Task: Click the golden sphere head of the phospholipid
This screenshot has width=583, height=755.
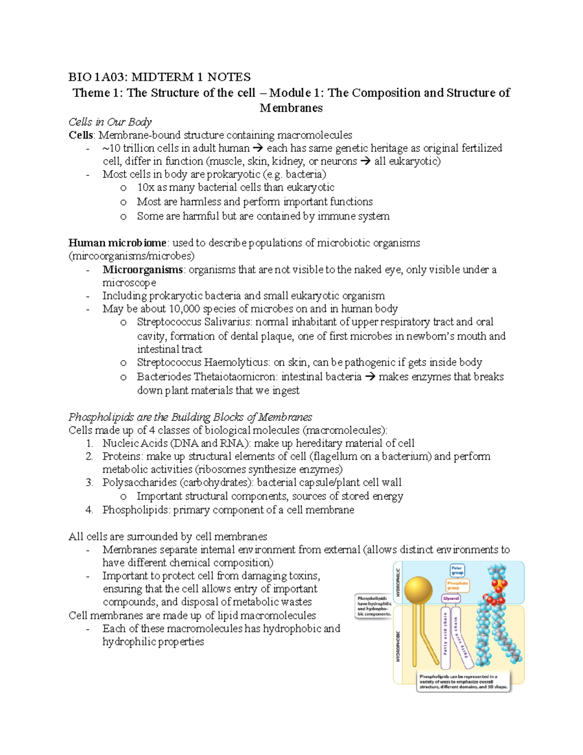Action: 418,589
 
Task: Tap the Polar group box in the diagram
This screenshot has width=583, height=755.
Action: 457,570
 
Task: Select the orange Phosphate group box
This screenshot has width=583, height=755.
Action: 457,585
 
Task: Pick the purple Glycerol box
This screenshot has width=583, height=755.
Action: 451,598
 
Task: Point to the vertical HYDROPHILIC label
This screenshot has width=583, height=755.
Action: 398,582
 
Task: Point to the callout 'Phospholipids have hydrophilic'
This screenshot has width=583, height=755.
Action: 374,606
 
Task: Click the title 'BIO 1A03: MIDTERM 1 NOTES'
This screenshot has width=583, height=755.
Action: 159,77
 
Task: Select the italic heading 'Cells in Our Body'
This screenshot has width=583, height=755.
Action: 110,122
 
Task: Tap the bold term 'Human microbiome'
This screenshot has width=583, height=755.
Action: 117,243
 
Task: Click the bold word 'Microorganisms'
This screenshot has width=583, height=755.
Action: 142,269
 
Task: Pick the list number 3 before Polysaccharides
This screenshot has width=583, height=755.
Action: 89,482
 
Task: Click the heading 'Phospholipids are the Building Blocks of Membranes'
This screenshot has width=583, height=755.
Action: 190,417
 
